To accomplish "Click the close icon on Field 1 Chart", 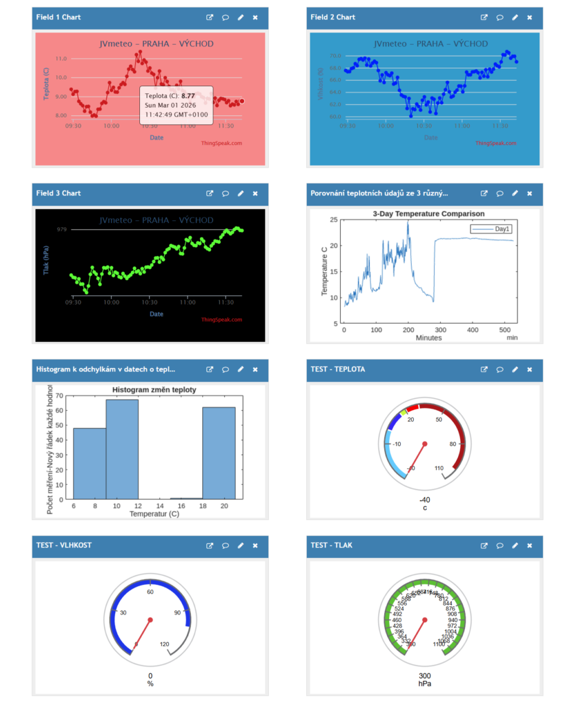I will pos(255,17).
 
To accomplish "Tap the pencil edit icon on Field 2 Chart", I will pos(515,17).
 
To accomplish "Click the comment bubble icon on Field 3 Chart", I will pos(226,193).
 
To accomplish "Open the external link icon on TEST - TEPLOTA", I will pos(484,369).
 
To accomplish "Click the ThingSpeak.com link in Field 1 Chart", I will pos(221,144).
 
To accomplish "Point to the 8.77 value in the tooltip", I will pos(188,95).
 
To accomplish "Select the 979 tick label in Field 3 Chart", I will pos(62,229).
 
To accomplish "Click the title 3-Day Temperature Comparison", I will pos(428,214).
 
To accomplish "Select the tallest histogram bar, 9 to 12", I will pos(122,449).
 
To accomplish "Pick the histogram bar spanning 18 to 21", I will pos(219,452).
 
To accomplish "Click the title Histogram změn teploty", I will pos(155,390).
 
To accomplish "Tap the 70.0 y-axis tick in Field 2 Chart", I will pos(335,55).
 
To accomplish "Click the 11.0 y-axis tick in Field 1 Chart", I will pos(61,59).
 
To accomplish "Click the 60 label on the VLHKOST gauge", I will pos(150,592).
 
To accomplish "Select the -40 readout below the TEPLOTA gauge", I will pos(425,500).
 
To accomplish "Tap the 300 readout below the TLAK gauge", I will pos(425,676).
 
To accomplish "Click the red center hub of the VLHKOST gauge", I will pos(150,619).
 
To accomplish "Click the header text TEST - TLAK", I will pos(332,545).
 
